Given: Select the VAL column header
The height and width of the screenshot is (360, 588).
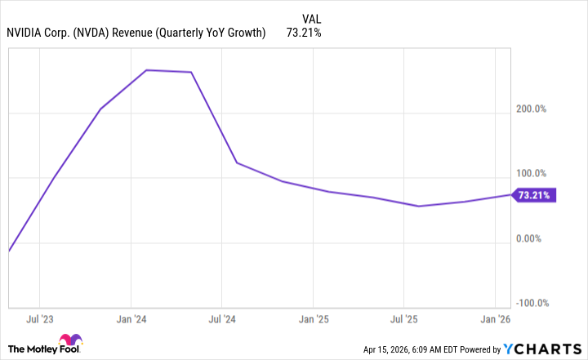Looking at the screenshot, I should click(x=311, y=17).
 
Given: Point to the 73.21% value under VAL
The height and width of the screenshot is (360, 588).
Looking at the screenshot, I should click(x=303, y=33).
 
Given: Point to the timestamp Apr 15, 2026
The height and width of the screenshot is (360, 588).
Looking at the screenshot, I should click(x=389, y=349).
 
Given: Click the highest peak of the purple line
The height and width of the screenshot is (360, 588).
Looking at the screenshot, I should click(x=146, y=70).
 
